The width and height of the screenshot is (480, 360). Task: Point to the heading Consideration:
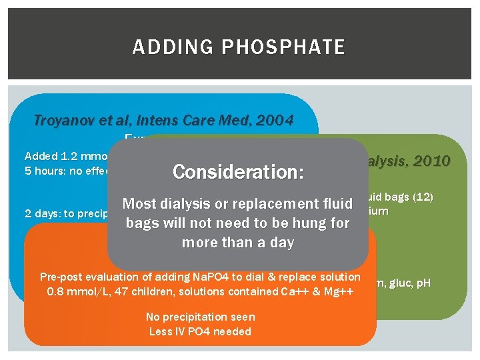point(238,172)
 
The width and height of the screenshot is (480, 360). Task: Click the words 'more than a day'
point(238,242)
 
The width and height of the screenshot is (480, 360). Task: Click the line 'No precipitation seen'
point(200,317)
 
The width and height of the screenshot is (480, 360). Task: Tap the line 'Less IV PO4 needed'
point(200,331)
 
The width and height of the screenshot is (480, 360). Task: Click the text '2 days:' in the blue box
point(41,214)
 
